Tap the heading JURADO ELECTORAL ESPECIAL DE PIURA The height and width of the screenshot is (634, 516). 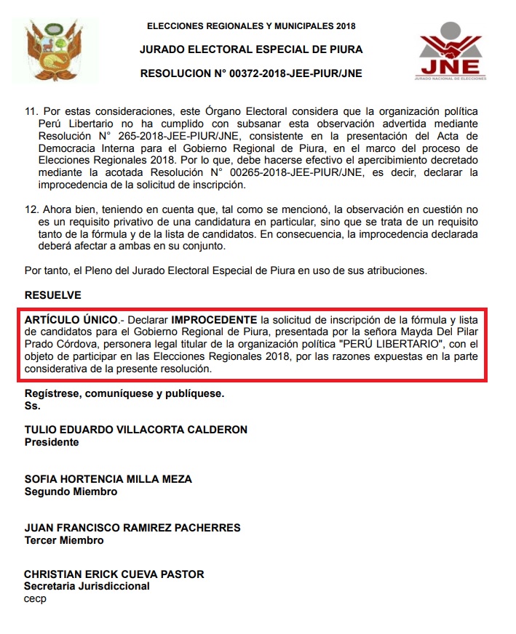(251, 49)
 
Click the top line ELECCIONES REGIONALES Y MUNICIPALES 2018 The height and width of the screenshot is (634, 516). (251, 26)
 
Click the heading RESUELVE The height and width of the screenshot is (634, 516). (53, 295)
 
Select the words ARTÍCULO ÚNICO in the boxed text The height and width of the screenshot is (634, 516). (71, 320)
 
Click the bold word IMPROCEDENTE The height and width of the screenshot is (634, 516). (214, 320)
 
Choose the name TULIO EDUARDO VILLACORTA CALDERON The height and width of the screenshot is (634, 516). (136, 430)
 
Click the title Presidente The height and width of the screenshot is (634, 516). (52, 442)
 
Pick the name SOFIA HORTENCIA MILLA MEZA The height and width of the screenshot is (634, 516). (108, 479)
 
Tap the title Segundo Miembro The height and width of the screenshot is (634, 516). (71, 491)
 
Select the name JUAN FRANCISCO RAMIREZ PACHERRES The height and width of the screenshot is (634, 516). (132, 528)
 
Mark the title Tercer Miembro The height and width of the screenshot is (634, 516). (64, 540)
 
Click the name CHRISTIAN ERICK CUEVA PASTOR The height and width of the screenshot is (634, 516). (114, 574)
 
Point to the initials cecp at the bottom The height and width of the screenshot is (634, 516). (35, 598)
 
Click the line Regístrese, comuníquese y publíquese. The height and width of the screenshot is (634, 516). (124, 393)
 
